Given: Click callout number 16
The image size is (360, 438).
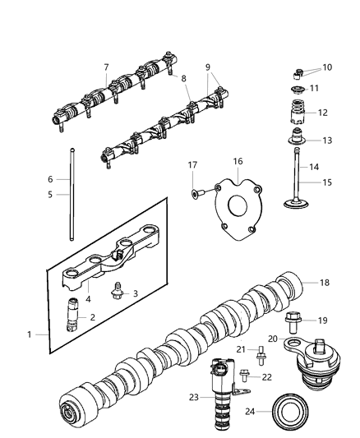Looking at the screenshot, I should point(237,162).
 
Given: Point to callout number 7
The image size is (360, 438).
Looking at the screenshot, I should point(106,67).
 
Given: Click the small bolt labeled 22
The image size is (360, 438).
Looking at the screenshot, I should point(246,376).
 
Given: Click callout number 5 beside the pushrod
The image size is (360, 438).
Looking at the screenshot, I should point(50,195).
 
